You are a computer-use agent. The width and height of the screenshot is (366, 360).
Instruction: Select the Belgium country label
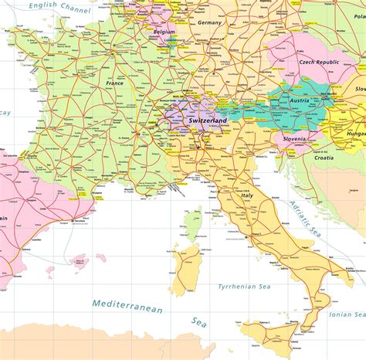click(164, 32)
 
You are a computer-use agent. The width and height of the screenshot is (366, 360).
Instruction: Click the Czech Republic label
click(319, 61)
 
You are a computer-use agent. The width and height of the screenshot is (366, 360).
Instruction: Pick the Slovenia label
click(294, 138)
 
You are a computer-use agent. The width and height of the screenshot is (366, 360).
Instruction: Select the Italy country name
click(248, 195)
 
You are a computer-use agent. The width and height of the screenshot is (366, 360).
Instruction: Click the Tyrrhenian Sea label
click(245, 286)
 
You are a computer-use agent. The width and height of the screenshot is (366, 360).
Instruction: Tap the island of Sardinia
click(185, 270)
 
